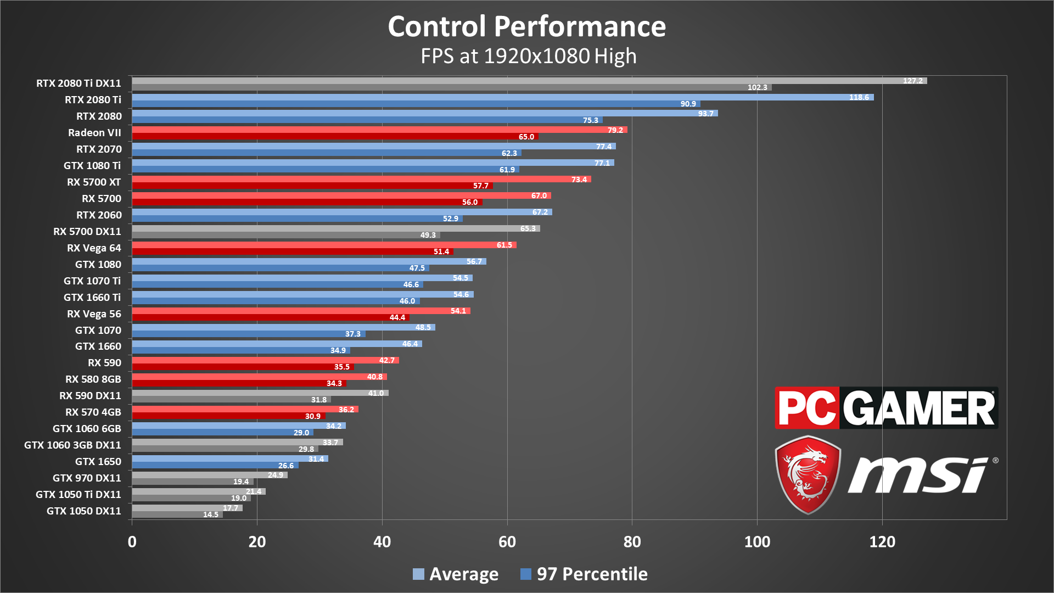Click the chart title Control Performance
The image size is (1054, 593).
point(526,26)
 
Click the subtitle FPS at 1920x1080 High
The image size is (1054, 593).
point(528,56)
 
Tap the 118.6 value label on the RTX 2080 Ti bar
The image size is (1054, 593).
point(859,97)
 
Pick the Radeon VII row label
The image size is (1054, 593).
point(94,133)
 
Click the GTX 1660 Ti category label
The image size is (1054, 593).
point(92,297)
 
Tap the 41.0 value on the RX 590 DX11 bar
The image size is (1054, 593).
point(376,393)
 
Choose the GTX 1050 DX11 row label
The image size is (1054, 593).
point(84,511)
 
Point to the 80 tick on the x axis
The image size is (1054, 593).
point(632,542)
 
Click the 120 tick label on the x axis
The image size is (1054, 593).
point(882,542)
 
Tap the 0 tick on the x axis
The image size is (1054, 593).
point(132,542)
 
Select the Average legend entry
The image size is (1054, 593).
point(456,574)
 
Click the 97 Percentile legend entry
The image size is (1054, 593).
point(584,574)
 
